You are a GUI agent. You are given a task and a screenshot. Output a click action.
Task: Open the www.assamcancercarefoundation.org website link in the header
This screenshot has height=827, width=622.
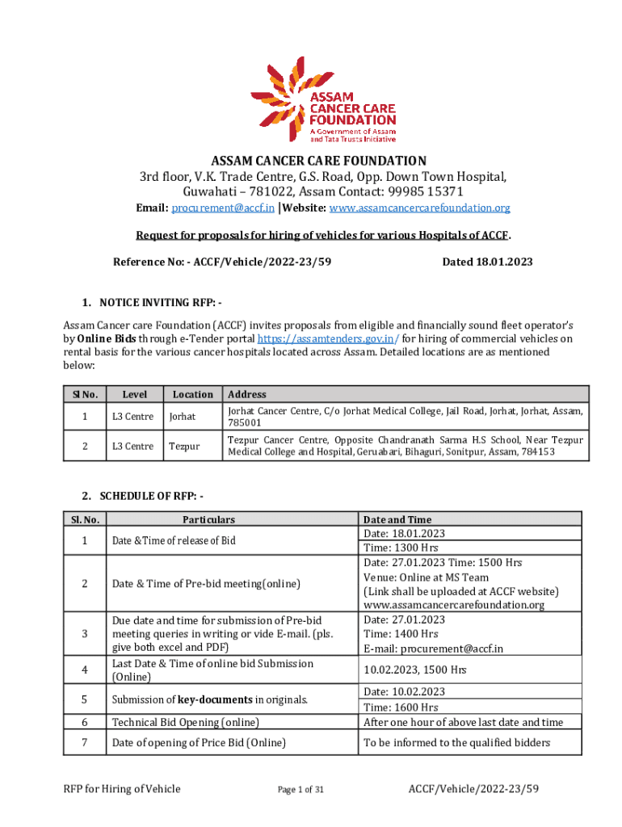429,208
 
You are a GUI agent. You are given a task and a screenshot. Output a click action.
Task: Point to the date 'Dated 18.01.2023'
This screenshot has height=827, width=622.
487,262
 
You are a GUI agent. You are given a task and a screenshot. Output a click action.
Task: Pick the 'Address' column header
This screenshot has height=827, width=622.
247,395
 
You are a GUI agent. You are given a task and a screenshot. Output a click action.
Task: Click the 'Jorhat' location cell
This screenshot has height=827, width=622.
183,417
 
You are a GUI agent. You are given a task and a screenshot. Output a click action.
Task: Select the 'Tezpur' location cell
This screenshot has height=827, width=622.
184,446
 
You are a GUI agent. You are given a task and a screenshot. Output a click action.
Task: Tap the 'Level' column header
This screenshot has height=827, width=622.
134,395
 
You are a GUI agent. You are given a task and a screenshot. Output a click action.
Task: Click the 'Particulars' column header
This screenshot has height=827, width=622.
208,520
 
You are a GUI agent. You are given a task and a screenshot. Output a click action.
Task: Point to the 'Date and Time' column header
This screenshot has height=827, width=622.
397,520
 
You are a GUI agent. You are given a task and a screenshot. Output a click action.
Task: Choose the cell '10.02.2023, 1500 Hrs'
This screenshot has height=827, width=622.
415,670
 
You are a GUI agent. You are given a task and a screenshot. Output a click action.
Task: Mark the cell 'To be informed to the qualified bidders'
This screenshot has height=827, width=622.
457,743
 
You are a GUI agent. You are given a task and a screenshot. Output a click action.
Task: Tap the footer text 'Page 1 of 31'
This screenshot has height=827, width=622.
300,790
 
